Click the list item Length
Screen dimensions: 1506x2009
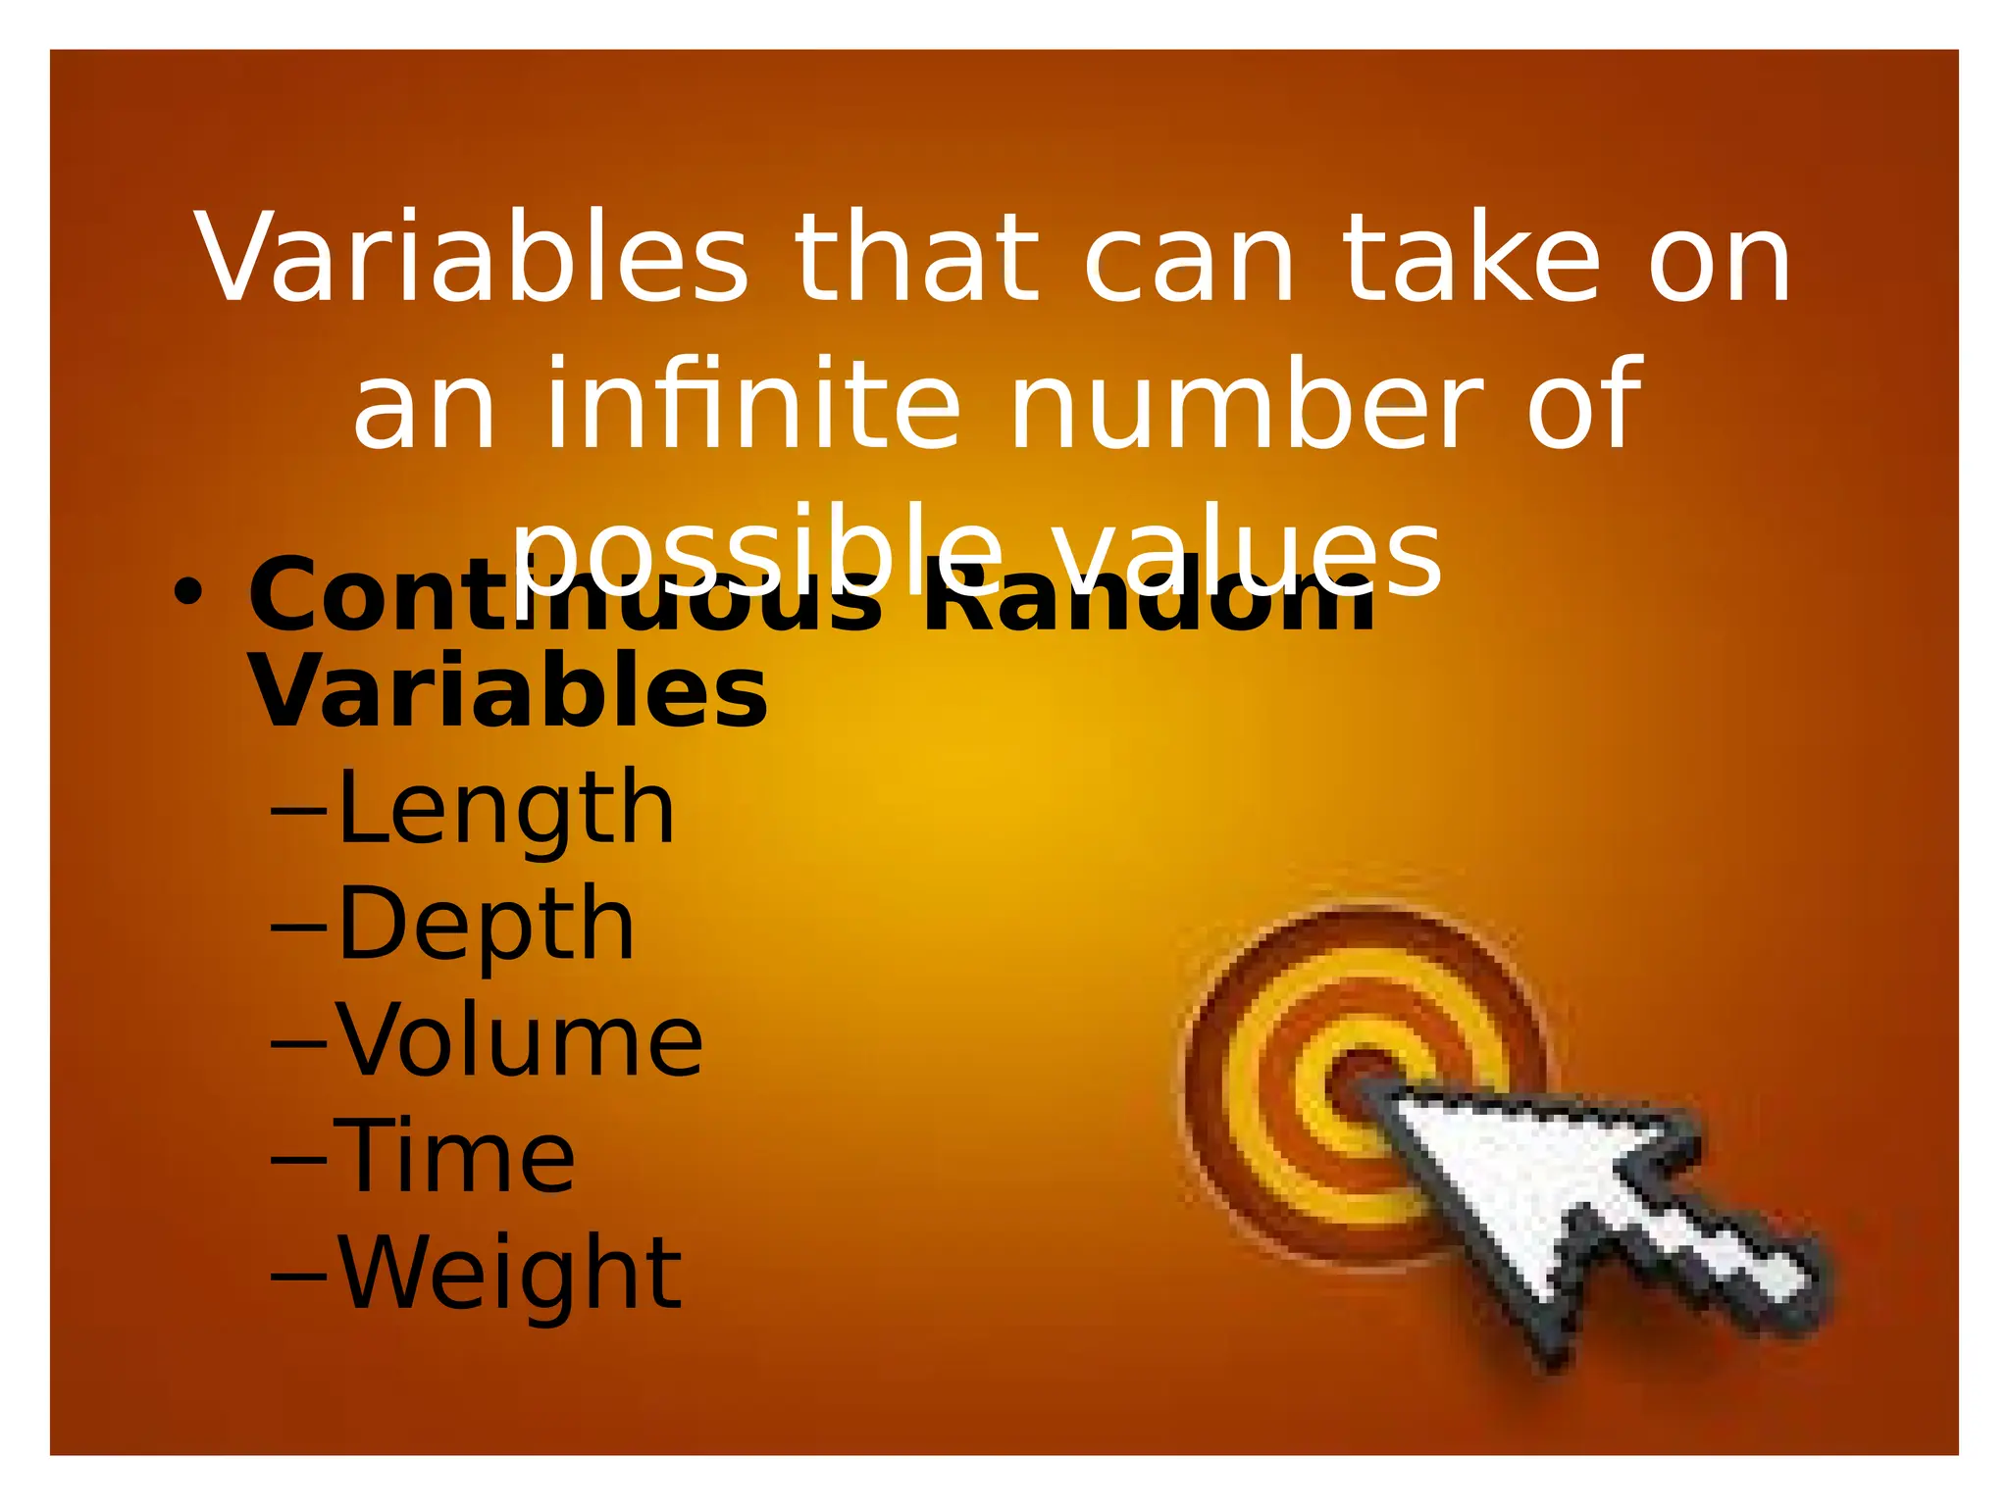point(505,808)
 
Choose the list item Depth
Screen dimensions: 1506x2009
point(486,924)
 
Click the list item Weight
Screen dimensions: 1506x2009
point(509,1272)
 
